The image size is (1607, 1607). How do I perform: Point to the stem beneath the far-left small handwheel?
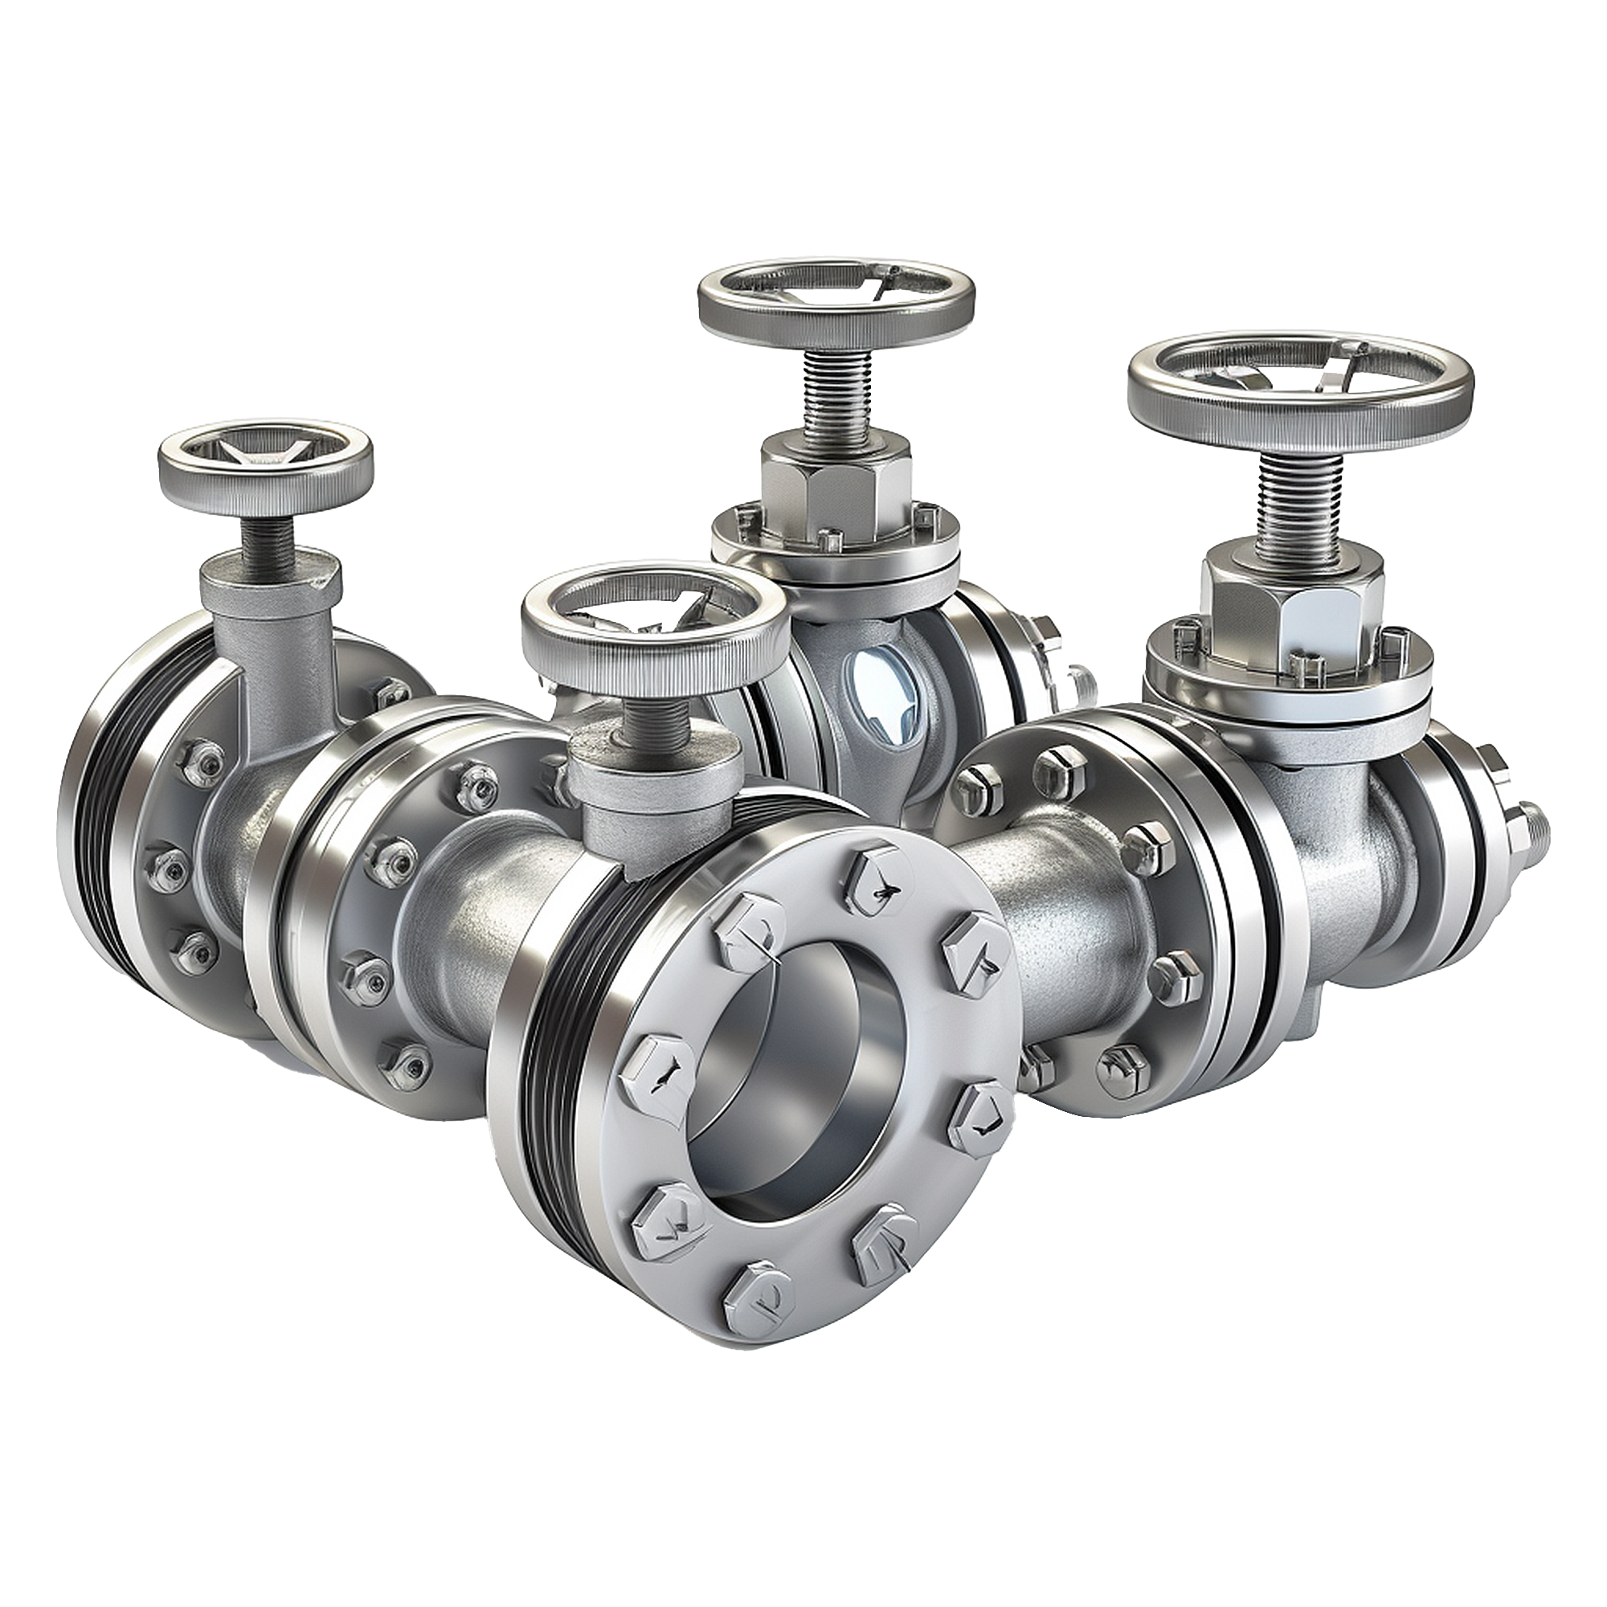pos(269,545)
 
